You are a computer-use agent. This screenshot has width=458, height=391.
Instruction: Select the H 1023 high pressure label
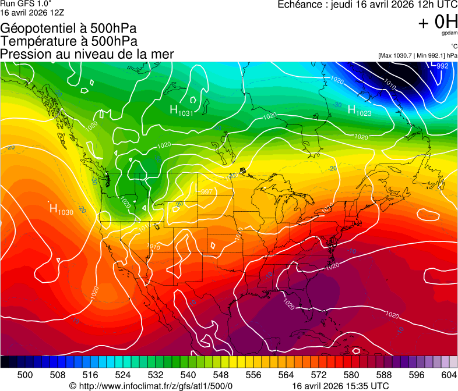coord(360,110)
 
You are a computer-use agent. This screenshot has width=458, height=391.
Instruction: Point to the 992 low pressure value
coord(442,66)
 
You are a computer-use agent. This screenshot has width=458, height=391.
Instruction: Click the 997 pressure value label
coord(206,191)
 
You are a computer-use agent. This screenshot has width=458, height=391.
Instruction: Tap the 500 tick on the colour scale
coord(25,375)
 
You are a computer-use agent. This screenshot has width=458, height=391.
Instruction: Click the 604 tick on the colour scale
coord(449,375)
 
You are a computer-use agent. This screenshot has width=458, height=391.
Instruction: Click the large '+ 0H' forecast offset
coord(438,22)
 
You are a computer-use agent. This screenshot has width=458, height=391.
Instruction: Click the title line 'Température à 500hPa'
coord(69,41)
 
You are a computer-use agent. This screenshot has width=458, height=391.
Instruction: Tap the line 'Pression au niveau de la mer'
coord(87,54)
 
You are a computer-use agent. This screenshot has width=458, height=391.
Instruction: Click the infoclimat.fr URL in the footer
coord(151,386)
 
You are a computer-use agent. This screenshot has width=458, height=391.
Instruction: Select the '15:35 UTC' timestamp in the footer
coord(365,386)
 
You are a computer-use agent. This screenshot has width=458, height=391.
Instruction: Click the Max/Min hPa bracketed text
coord(417,55)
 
